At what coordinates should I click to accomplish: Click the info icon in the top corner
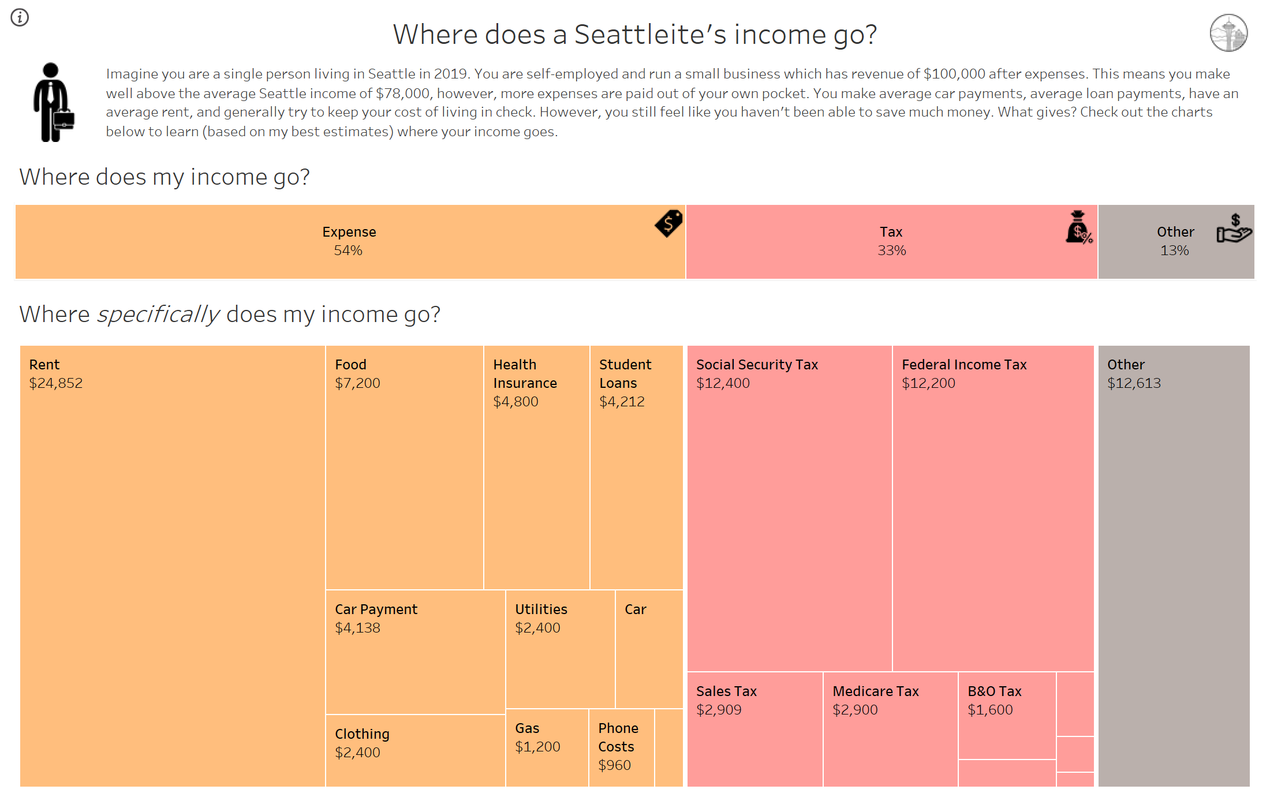(20, 17)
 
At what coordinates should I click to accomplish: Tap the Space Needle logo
(1228, 33)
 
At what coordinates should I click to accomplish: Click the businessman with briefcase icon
(54, 102)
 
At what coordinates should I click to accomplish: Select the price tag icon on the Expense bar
(668, 223)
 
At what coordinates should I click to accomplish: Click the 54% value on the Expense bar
(348, 250)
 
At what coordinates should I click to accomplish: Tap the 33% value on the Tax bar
(892, 250)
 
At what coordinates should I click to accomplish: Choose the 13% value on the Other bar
(1175, 250)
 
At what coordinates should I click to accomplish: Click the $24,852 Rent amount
(56, 383)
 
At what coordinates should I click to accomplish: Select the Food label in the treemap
(350, 365)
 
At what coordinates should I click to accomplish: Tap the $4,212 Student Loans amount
(622, 402)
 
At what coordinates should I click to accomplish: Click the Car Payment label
(376, 609)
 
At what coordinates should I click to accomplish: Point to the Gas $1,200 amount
(537, 747)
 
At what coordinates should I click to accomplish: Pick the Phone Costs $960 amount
(614, 765)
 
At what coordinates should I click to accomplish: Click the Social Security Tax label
(757, 365)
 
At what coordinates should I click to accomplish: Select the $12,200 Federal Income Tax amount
(928, 383)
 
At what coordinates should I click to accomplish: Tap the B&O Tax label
(995, 691)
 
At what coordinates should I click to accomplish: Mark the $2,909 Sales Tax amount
(719, 710)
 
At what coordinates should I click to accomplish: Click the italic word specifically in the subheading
(158, 315)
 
